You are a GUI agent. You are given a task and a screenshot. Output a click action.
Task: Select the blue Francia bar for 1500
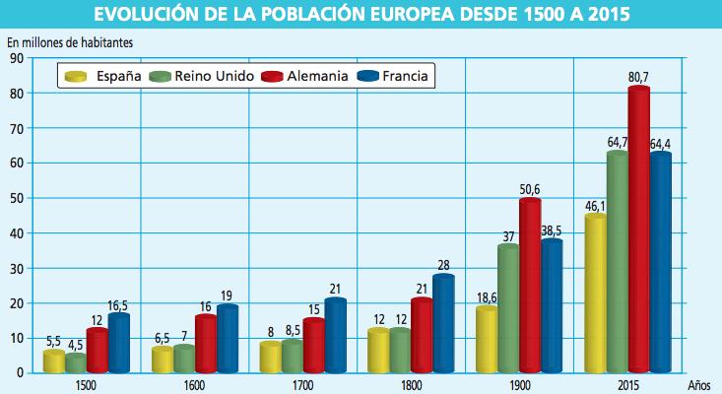coord(119,343)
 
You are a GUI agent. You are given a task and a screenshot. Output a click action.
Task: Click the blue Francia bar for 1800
coord(444,323)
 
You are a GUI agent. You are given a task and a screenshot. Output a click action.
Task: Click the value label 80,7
coord(639,74)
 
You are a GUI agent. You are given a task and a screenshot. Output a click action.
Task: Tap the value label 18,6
coord(487,296)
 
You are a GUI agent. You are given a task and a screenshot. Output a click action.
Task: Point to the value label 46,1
coord(596,205)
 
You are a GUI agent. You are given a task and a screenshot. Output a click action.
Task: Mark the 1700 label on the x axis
coord(302,386)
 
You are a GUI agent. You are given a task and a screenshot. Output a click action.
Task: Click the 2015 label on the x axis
coord(627,386)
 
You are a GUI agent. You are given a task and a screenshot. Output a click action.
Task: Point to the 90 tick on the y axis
coord(17,58)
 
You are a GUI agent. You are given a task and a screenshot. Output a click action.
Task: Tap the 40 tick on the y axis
coord(17,232)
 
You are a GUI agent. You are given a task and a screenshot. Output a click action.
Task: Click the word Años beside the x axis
coord(699,386)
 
